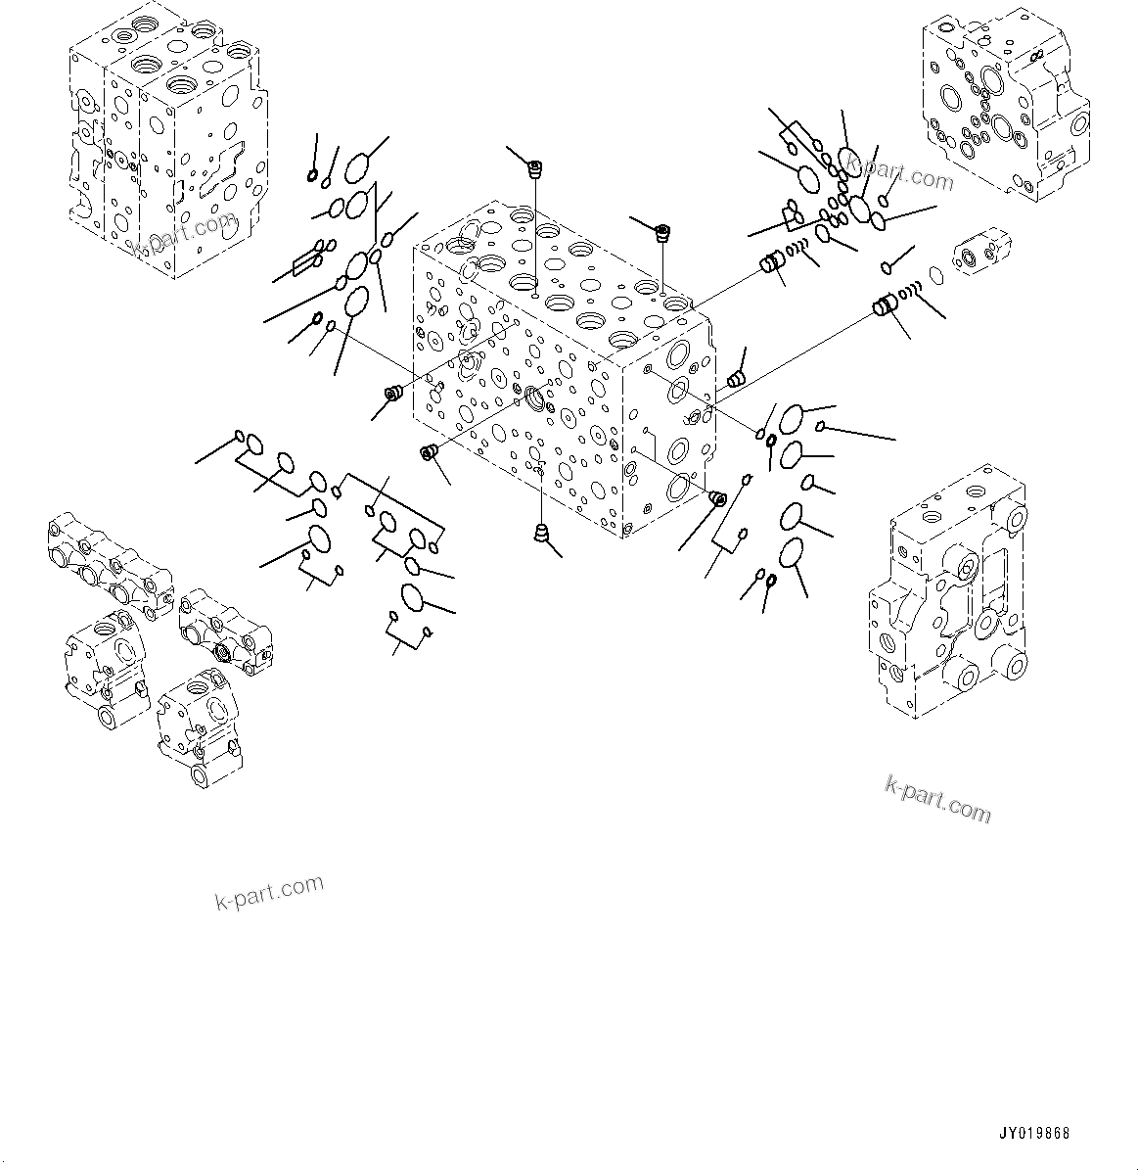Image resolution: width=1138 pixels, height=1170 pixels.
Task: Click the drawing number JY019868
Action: coord(1034,1133)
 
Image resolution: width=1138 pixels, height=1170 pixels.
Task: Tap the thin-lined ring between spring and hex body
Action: coord(936,276)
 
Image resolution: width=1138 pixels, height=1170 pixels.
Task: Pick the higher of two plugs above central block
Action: coord(534,170)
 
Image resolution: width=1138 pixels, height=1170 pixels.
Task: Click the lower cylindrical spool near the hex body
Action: coord(886,305)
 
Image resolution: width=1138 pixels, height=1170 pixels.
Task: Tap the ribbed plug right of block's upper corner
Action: coord(736,378)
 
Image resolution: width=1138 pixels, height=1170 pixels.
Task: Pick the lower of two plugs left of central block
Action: coord(428,451)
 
